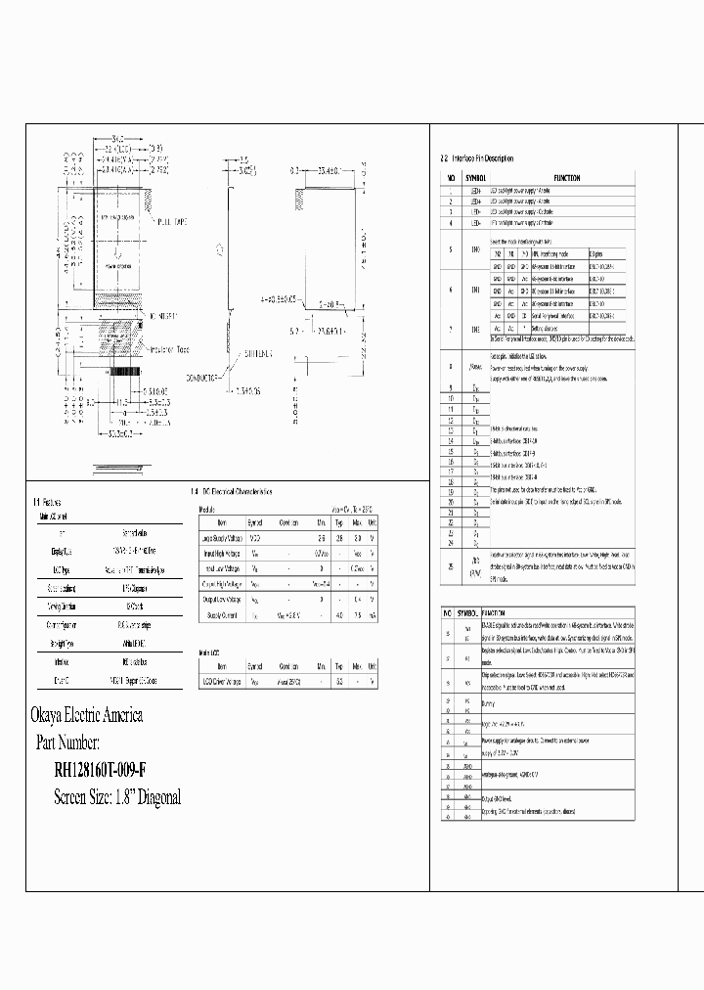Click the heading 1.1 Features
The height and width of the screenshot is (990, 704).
point(51,501)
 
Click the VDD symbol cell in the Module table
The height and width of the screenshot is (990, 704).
point(256,538)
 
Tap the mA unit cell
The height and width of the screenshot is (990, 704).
point(374,615)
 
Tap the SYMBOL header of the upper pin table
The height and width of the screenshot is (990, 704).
point(475,177)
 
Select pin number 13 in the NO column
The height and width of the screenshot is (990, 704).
point(451,430)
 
